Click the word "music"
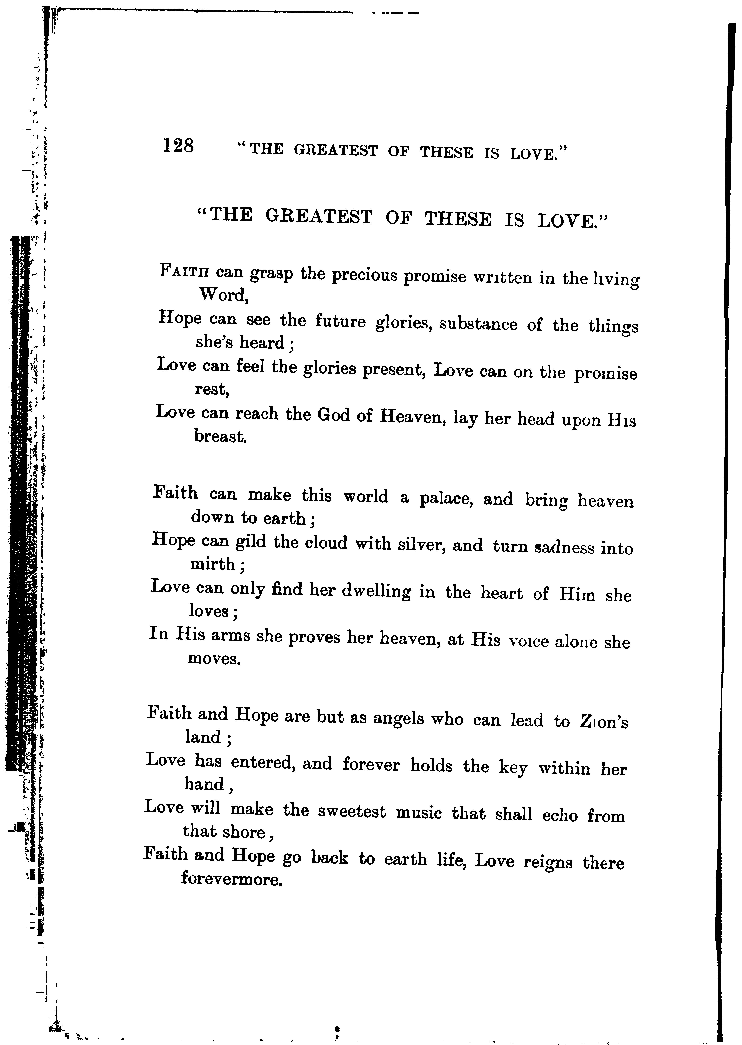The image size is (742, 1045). (x=419, y=813)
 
